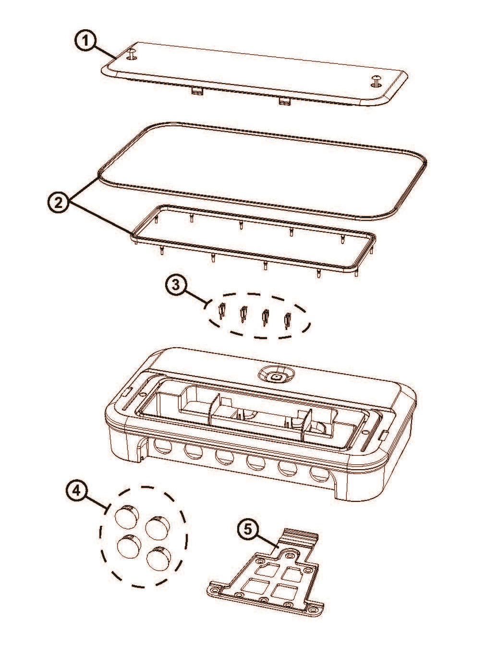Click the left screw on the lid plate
tap(132, 54)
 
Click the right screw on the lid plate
tap(376, 81)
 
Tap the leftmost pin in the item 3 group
tap(222, 311)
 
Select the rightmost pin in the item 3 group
tap(288, 320)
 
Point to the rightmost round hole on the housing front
tap(320, 473)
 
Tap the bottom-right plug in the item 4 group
tap(158, 560)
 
